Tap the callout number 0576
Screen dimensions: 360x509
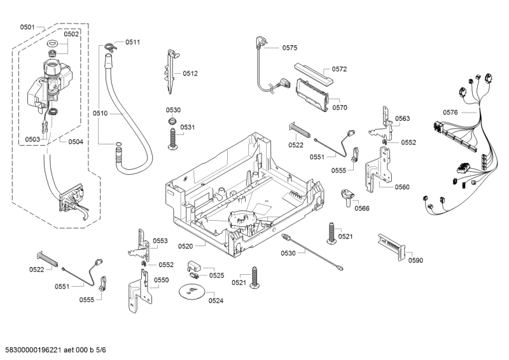click(450, 113)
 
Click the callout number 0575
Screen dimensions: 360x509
click(289, 48)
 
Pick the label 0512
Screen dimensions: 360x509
click(190, 74)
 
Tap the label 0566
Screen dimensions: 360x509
click(362, 208)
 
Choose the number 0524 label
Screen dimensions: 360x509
click(216, 300)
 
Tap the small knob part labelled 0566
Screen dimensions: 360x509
click(347, 195)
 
